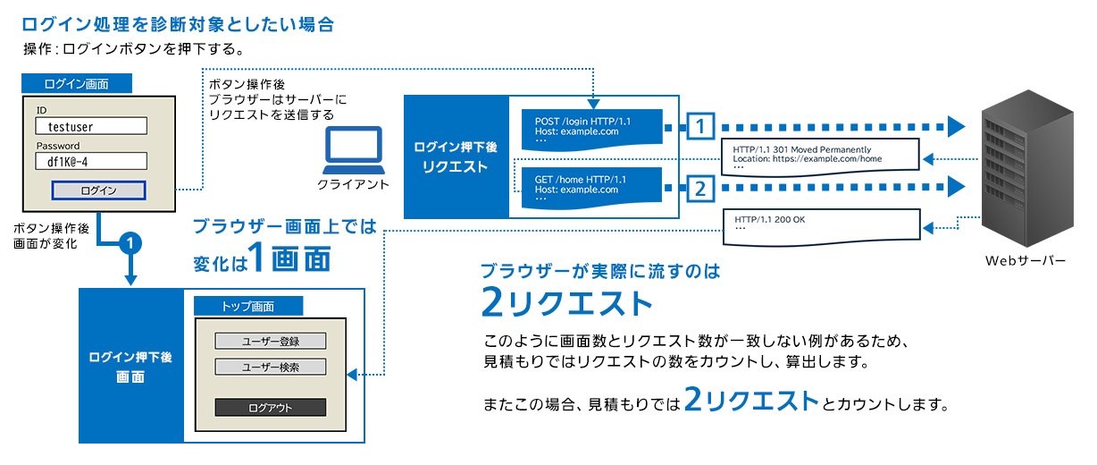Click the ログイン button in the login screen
tap(98, 190)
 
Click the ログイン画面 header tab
tap(77, 84)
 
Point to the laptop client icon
tap(354, 150)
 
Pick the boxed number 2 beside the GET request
tap(703, 188)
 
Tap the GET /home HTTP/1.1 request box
tap(590, 188)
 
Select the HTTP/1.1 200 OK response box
tap(819, 224)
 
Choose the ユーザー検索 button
tap(271, 367)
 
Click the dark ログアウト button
tap(271, 408)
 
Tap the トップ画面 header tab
tap(247, 307)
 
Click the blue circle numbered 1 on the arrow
tap(131, 243)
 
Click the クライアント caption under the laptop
tap(354, 185)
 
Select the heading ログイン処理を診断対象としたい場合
tap(178, 24)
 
